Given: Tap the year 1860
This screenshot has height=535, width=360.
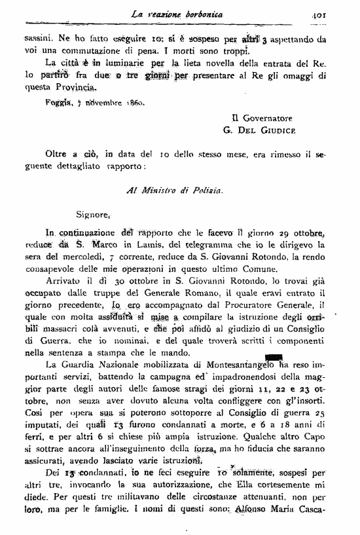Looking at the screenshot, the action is (x=134, y=102).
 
